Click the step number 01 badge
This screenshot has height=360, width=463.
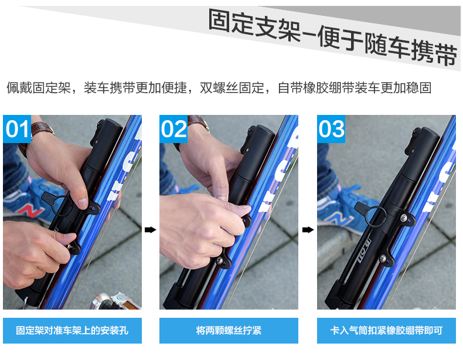click(17, 129)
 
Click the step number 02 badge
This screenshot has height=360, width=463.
click(173, 129)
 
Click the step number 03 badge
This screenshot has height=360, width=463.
click(331, 129)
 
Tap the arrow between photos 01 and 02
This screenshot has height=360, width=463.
click(150, 230)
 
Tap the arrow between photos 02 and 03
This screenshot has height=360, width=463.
click(308, 230)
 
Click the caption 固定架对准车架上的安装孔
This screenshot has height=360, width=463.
click(72, 331)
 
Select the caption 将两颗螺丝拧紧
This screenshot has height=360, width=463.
click(229, 331)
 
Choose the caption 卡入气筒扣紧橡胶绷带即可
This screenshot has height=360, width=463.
click(387, 331)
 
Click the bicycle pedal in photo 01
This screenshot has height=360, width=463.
click(115, 301)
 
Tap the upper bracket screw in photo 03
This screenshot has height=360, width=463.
click(403, 218)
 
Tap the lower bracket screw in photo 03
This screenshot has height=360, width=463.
click(383, 258)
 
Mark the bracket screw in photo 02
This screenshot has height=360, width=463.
click(219, 260)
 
